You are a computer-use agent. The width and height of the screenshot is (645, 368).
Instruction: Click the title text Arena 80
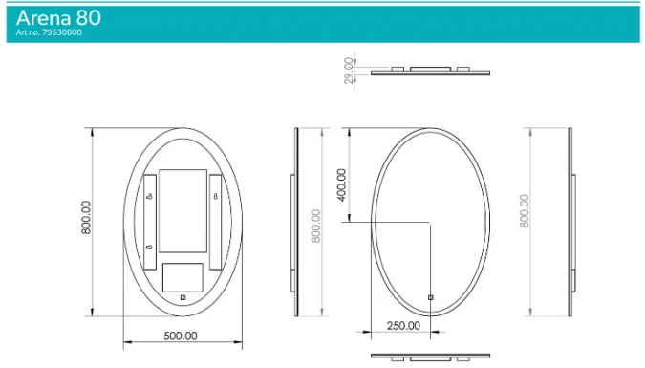(58, 17)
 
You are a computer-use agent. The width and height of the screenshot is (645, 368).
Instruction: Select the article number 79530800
(49, 32)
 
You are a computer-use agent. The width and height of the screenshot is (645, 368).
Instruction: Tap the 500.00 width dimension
(180, 336)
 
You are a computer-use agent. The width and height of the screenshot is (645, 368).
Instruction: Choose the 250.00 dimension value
(402, 325)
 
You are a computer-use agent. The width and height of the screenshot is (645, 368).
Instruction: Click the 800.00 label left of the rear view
(86, 218)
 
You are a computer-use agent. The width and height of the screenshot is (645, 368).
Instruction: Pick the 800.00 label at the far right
(524, 210)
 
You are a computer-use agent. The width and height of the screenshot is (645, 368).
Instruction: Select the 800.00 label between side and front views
(315, 226)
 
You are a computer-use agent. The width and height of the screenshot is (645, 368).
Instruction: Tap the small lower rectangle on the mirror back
(183, 276)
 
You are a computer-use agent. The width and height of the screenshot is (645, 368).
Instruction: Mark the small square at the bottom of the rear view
(183, 298)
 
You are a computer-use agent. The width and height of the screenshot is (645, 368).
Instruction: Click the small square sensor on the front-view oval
(430, 297)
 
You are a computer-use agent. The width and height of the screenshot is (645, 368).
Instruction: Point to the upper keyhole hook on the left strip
(151, 199)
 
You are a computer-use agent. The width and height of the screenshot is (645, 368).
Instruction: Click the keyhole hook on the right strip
(217, 199)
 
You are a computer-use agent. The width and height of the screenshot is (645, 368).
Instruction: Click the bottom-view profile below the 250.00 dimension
(429, 358)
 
